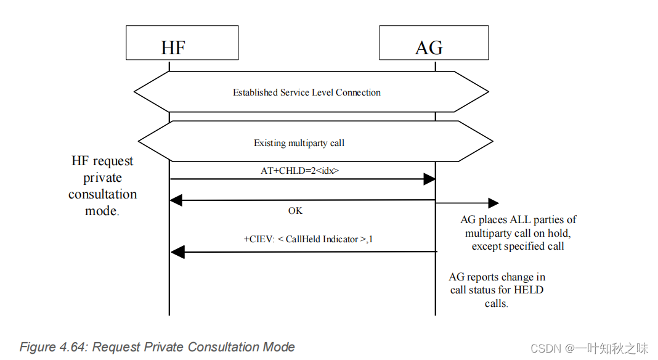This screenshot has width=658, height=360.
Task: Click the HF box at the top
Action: click(x=182, y=43)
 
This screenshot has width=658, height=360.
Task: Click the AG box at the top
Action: click(x=433, y=43)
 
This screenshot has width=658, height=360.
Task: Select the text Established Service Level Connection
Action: click(x=306, y=92)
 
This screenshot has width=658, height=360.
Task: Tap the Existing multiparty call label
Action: click(x=299, y=143)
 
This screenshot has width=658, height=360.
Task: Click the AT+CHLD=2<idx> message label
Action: click(x=299, y=170)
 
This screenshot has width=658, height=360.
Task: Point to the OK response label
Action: click(x=295, y=211)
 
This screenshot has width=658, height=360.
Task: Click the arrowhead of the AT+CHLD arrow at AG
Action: click(x=429, y=179)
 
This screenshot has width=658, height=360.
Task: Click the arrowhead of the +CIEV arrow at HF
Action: click(x=177, y=252)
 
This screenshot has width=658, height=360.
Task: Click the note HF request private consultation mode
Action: click(x=102, y=186)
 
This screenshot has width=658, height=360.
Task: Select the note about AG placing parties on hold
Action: click(x=518, y=233)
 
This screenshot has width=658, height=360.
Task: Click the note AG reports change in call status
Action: click(x=497, y=290)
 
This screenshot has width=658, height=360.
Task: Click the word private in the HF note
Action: click(x=102, y=178)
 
